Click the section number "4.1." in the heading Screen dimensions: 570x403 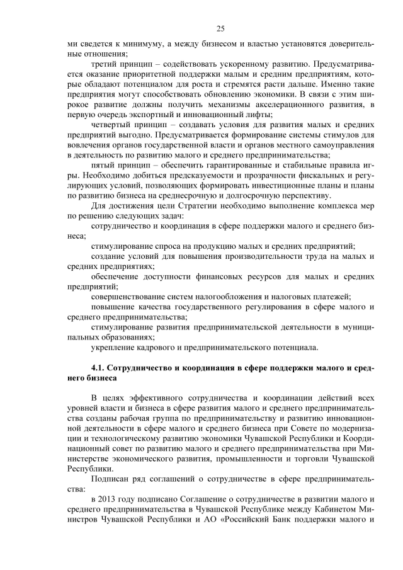coord(100,368)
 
